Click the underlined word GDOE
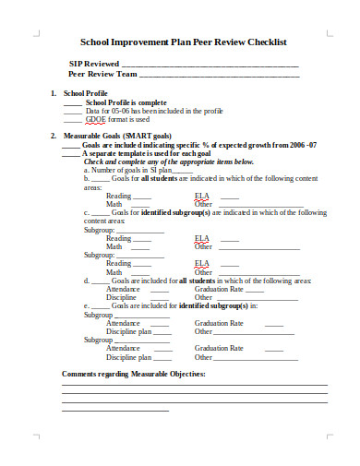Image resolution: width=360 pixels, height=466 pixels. tap(95, 119)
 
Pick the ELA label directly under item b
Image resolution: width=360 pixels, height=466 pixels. tap(201, 196)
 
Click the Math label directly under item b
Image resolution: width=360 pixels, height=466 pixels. tap(114, 204)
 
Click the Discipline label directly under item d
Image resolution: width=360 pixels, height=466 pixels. tap(122, 297)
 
